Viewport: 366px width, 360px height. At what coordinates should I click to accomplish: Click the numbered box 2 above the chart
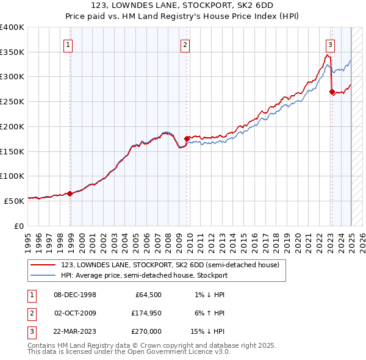coord(185,44)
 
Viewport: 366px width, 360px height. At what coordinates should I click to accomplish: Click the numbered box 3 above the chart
coord(329,44)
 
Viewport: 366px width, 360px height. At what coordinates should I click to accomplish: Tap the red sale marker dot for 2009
coord(187,139)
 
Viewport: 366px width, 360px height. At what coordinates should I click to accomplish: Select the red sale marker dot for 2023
coord(332,92)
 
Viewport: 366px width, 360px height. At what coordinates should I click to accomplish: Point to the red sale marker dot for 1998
coord(70,193)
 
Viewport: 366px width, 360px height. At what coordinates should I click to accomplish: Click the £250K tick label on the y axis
coord(12,102)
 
